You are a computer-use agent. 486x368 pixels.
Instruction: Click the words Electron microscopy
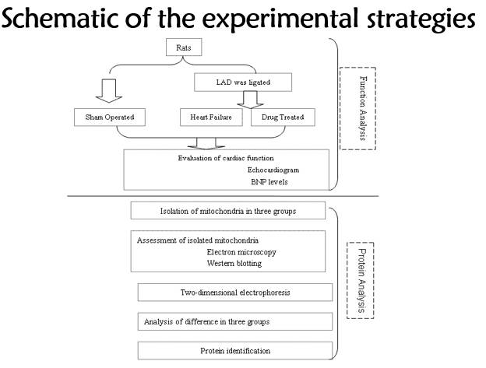coord(242,252)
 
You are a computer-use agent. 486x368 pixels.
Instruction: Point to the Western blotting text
coord(234,263)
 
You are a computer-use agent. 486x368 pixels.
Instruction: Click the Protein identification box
coord(234,350)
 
